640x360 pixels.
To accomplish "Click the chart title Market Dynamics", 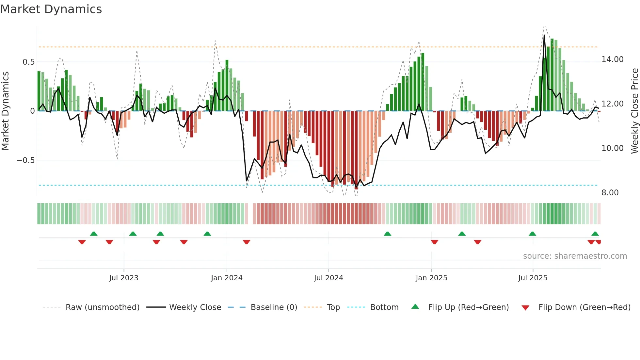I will click(x=51, y=9).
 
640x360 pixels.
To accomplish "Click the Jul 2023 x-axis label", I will click(x=124, y=278).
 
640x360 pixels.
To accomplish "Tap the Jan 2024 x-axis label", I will click(x=227, y=278).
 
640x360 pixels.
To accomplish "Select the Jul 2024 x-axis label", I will click(x=328, y=278).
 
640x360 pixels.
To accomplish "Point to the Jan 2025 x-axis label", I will click(x=431, y=278).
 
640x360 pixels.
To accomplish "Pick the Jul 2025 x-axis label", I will click(x=533, y=278).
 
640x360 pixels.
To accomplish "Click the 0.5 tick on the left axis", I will click(x=28, y=62).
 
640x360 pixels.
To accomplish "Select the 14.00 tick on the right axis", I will click(x=612, y=59).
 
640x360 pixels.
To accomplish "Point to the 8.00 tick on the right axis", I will click(x=610, y=193).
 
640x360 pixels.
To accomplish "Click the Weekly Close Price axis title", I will click(x=634, y=111).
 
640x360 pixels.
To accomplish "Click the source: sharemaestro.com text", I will click(x=575, y=256).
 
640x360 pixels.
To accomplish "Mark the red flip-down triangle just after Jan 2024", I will click(x=247, y=242).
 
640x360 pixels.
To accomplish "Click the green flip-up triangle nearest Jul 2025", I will click(x=532, y=234).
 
